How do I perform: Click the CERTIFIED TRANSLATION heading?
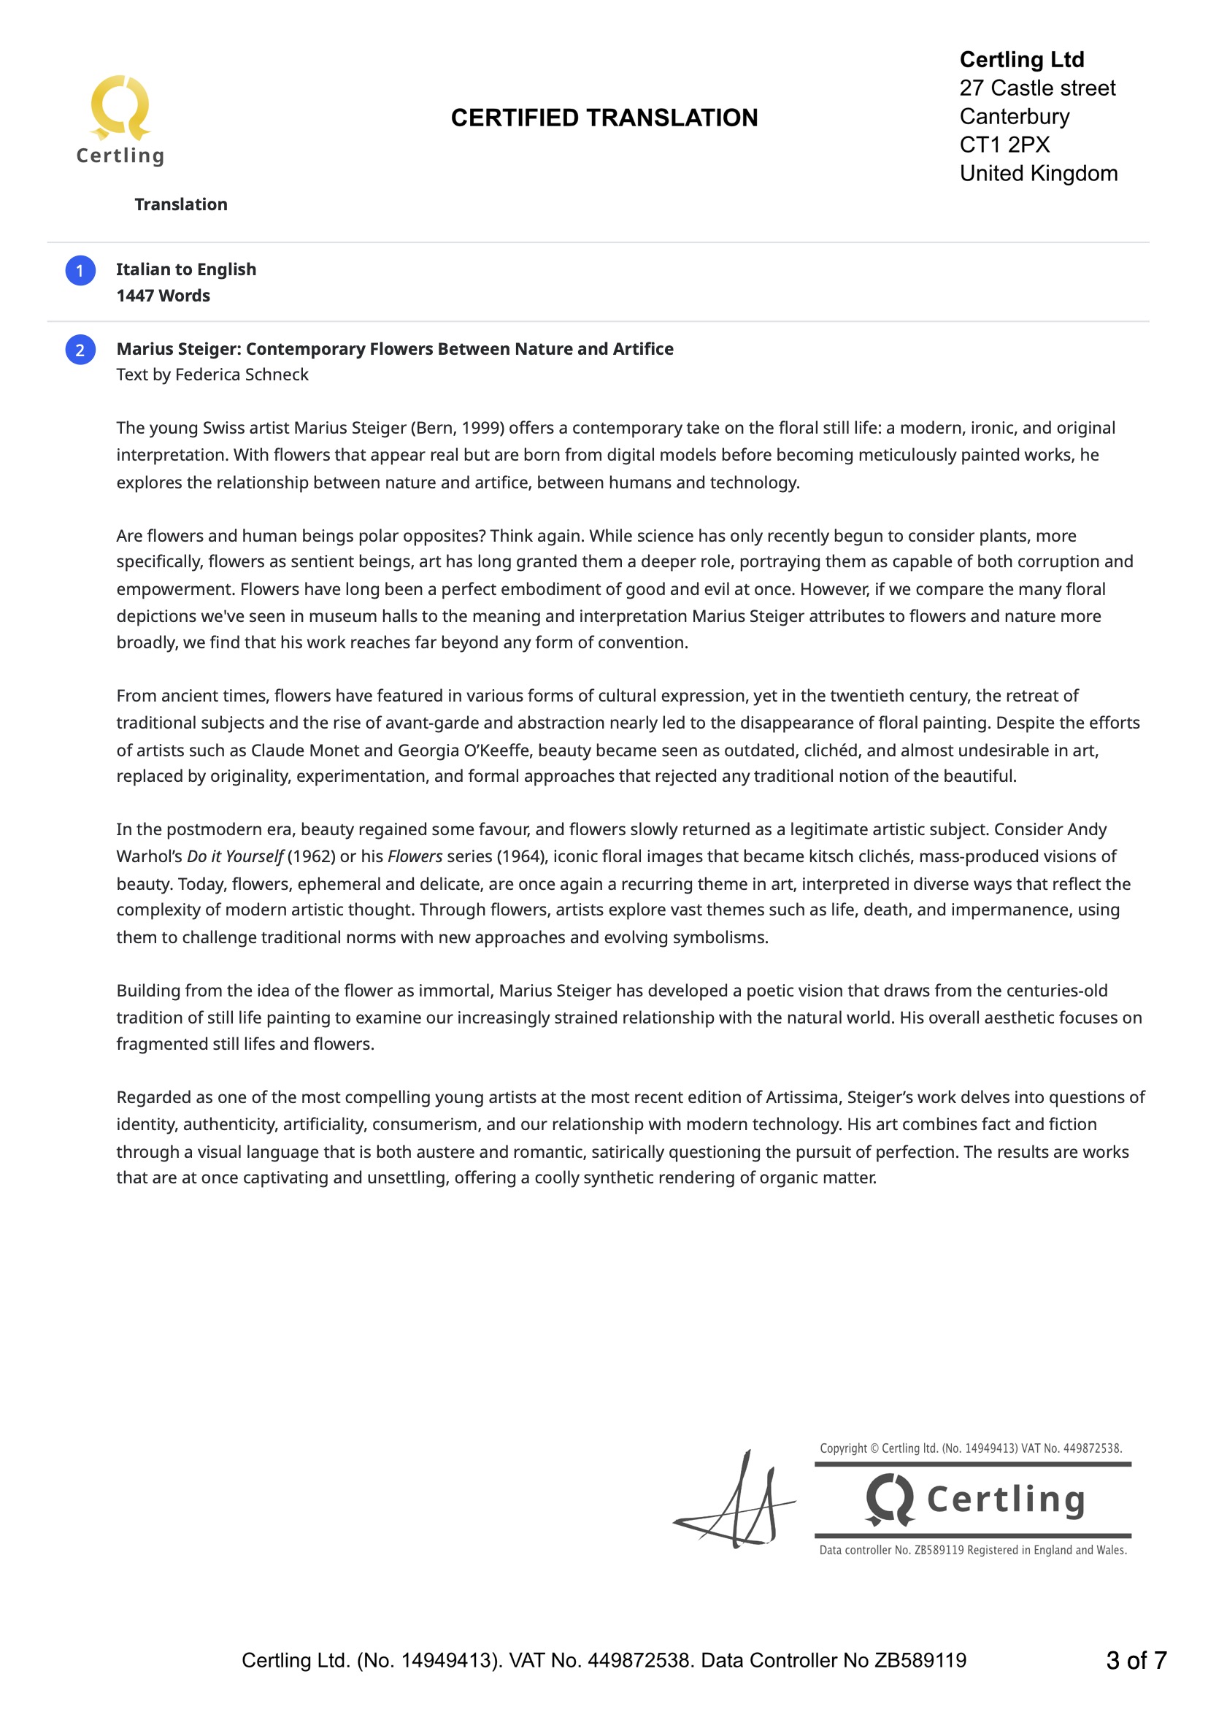click(x=604, y=118)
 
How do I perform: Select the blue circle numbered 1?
click(x=80, y=270)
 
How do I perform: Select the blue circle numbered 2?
click(x=80, y=350)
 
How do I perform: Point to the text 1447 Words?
click(x=163, y=296)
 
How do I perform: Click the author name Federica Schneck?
click(x=241, y=375)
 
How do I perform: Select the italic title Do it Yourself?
click(x=234, y=856)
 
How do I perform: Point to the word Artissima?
click(x=803, y=1097)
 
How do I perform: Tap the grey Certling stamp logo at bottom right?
click(x=973, y=1499)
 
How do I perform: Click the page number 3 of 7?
click(x=1136, y=1660)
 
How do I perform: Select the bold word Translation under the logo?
click(x=181, y=204)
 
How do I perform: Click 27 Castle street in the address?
click(x=1036, y=88)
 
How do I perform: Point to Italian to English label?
click(x=186, y=269)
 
